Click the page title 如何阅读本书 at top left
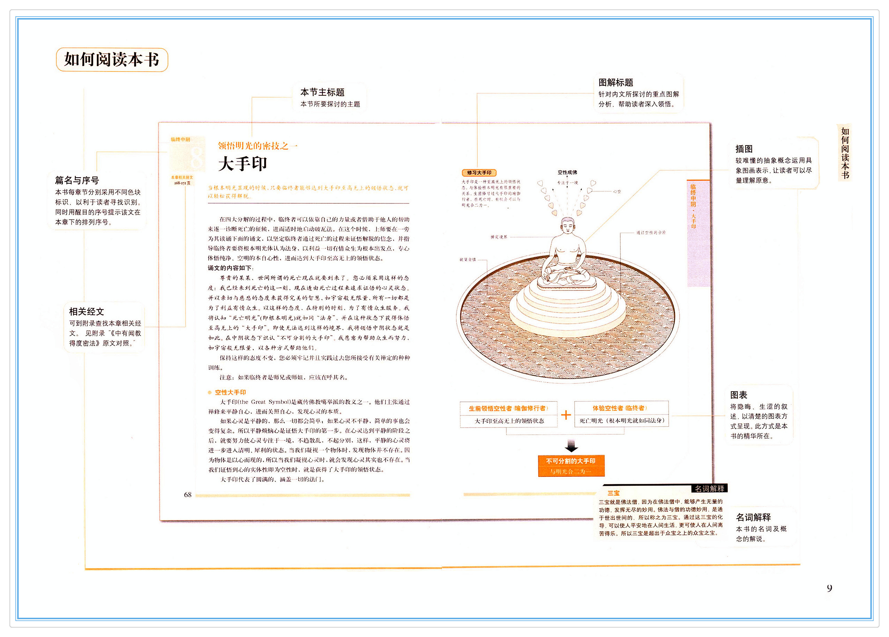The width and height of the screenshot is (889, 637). click(112, 60)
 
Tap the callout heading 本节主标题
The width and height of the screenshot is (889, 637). click(322, 92)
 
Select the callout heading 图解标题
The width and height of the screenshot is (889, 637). click(615, 83)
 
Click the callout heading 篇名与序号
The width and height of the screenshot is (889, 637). click(77, 180)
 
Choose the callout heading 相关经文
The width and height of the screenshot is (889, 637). click(86, 312)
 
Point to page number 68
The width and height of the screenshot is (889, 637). click(188, 495)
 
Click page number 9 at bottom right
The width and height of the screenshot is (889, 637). click(829, 588)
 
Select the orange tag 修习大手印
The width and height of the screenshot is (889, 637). click(479, 172)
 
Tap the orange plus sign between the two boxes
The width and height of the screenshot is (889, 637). click(566, 415)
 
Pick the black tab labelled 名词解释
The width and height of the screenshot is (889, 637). click(709, 489)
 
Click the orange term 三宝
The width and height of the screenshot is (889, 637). click(613, 493)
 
